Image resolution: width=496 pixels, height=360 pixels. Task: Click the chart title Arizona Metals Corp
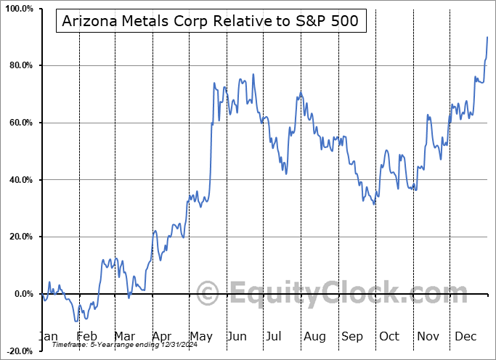coord(210,21)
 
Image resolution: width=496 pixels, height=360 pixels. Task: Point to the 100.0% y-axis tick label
coord(17,9)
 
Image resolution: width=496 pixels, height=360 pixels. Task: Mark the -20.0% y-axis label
coord(17,351)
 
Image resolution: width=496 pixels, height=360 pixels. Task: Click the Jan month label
coord(47,337)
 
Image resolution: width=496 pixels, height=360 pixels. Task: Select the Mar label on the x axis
coord(125,337)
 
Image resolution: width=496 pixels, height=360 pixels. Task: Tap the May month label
coord(201,337)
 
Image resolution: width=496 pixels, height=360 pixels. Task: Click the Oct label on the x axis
coord(390,337)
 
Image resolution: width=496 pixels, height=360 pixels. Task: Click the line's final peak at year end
coord(487,37)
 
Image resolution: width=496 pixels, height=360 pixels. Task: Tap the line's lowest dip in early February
coord(76,321)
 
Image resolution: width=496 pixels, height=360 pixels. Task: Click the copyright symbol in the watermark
coord(208,294)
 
